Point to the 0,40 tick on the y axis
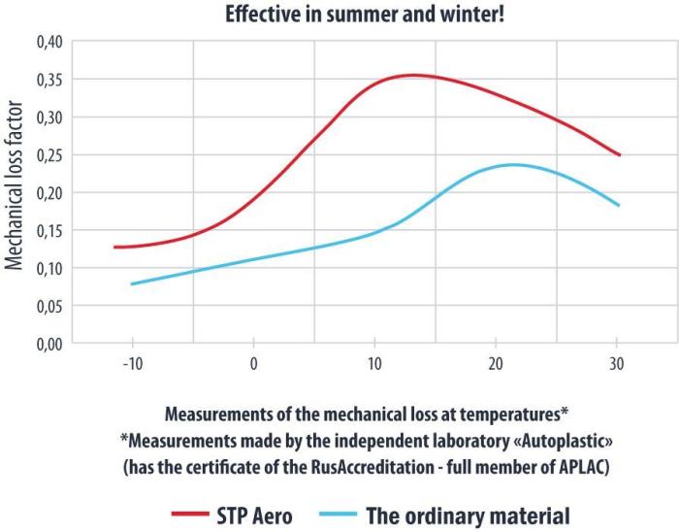tap(48, 42)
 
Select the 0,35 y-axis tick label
tap(48, 80)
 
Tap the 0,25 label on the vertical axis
tap(48, 155)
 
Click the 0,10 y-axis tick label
tap(48, 268)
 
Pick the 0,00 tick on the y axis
tap(48, 344)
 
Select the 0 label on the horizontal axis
tap(253, 367)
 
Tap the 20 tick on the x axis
tap(496, 367)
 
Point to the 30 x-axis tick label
tap(616, 367)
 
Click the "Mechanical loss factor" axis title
tap(16, 192)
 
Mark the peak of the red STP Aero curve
tap(413, 75)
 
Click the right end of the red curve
tap(619, 154)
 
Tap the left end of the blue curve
tap(132, 283)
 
